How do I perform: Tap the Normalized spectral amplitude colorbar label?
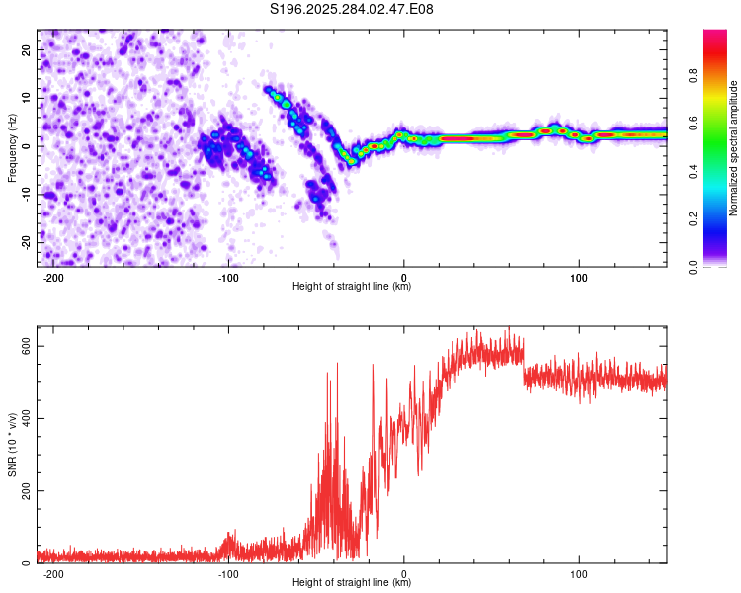pyautogui.click(x=734, y=148)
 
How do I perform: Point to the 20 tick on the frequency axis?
pyautogui.click(x=28, y=49)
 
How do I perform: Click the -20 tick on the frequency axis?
pyautogui.click(x=26, y=242)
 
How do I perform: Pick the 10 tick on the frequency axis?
pyautogui.click(x=28, y=98)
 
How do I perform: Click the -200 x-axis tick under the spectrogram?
pyautogui.click(x=54, y=278)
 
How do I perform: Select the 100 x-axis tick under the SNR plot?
pyautogui.click(x=579, y=573)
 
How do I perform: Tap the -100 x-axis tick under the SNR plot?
pyautogui.click(x=228, y=573)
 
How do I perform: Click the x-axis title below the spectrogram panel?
pyautogui.click(x=352, y=288)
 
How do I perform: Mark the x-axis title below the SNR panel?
pyautogui.click(x=352, y=583)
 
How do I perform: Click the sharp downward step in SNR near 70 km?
pyautogui.click(x=524, y=366)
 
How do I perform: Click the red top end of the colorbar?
pyautogui.click(x=715, y=34)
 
